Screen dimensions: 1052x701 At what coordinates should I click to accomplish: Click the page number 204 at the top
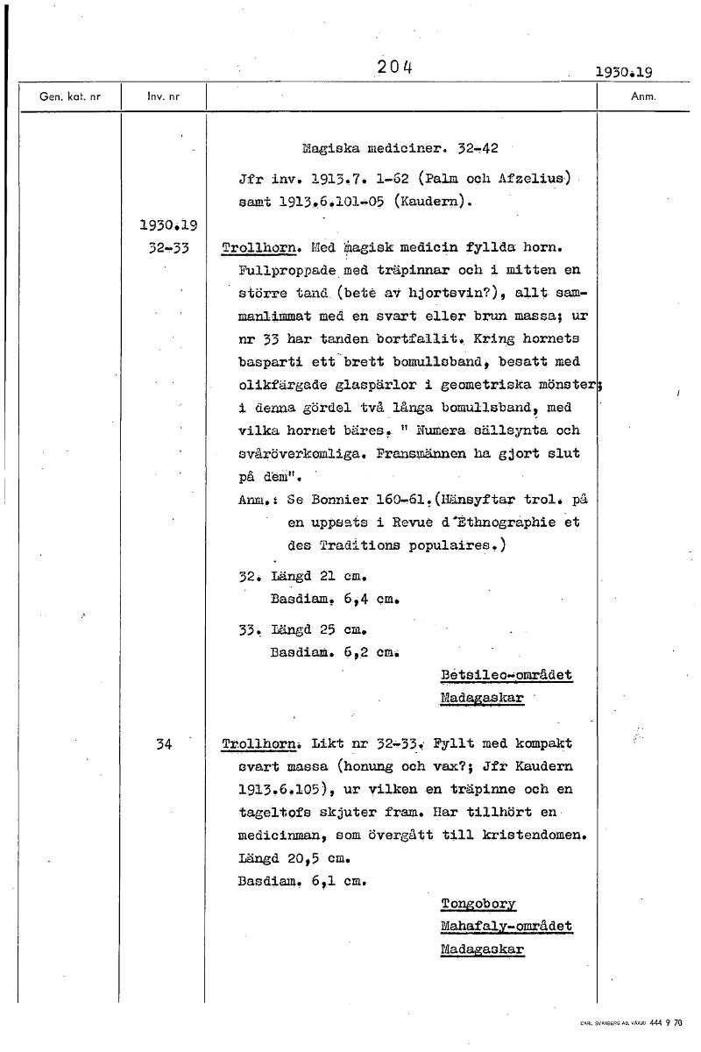tap(395, 67)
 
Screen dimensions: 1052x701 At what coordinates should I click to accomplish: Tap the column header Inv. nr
tap(163, 96)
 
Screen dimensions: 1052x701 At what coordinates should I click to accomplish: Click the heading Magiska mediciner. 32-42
tap(400, 148)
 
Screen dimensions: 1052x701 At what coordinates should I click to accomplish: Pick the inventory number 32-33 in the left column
tap(163, 248)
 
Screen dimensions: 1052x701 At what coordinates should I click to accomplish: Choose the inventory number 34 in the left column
tap(163, 744)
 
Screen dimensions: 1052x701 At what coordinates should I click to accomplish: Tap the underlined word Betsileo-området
tap(506, 675)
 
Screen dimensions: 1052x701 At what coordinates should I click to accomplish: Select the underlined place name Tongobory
tap(478, 904)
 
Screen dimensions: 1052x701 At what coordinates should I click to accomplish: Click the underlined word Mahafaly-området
tap(506, 927)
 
